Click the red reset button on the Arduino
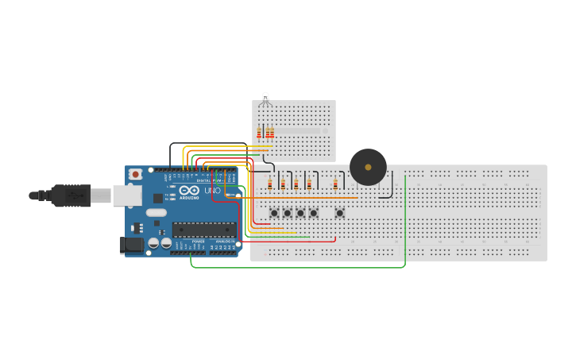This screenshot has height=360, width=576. [x=136, y=174]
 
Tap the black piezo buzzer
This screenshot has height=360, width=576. [x=368, y=167]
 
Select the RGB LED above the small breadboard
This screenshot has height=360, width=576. [x=265, y=99]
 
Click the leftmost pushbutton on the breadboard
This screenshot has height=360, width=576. [x=274, y=213]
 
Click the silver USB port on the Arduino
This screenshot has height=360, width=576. [x=126, y=195]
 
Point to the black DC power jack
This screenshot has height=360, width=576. [x=131, y=246]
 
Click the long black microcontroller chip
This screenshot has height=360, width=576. [x=204, y=230]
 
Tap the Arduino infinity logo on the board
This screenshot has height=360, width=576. [x=189, y=191]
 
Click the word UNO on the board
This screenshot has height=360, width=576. [x=213, y=191]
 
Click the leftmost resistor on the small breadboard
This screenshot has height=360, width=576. [x=259, y=132]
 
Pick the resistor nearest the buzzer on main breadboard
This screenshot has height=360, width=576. [x=335, y=184]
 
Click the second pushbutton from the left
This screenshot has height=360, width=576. [x=288, y=213]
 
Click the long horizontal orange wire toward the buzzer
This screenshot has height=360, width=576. [x=302, y=197]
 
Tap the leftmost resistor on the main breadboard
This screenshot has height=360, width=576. [x=270, y=184]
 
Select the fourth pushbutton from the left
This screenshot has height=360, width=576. [x=314, y=213]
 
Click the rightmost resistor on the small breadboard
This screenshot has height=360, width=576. [x=272, y=132]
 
